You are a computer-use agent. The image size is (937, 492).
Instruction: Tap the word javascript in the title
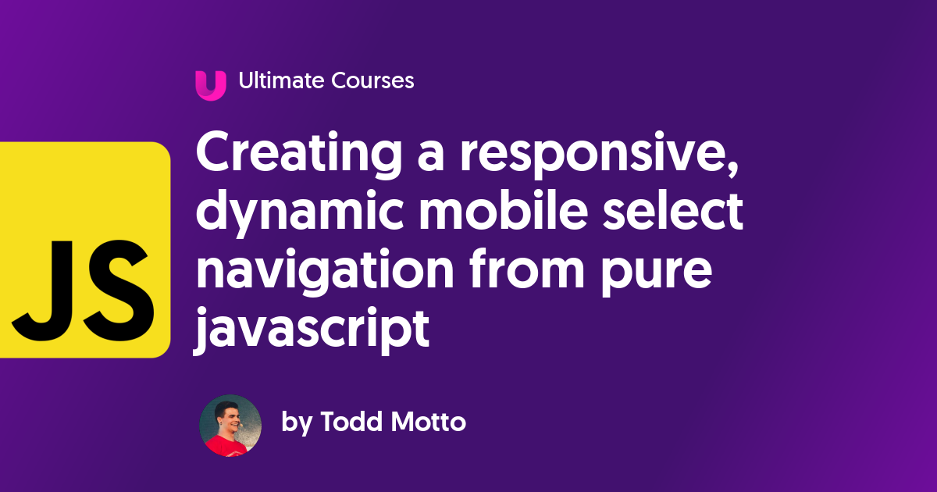pyautogui.click(x=312, y=326)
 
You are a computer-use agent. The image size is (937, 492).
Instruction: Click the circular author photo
pyautogui.click(x=230, y=426)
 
